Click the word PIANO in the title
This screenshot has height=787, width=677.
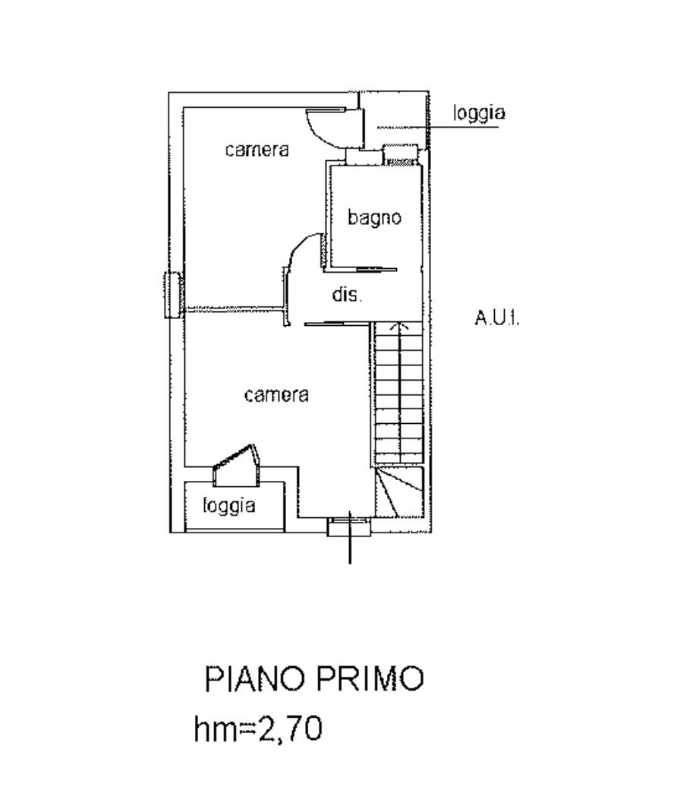point(255,678)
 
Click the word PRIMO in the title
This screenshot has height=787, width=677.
point(370,678)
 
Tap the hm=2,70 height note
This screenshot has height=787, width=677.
point(258,729)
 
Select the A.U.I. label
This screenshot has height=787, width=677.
point(497,318)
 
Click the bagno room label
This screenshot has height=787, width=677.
point(375,217)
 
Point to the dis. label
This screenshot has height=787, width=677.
point(347,294)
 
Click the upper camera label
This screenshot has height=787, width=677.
point(257,150)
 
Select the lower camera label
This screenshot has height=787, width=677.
point(276,395)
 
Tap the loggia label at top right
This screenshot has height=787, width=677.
point(479,112)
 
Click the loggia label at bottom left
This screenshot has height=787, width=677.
point(229,505)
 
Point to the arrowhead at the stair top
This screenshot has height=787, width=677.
point(398,326)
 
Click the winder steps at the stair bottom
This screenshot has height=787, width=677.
point(398,492)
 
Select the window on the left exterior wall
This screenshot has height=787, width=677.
point(172,295)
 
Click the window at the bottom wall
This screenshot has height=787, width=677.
point(350,526)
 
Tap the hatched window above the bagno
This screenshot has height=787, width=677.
point(401,155)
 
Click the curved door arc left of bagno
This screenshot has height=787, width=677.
point(302,251)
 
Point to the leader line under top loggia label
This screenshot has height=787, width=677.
point(438,127)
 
